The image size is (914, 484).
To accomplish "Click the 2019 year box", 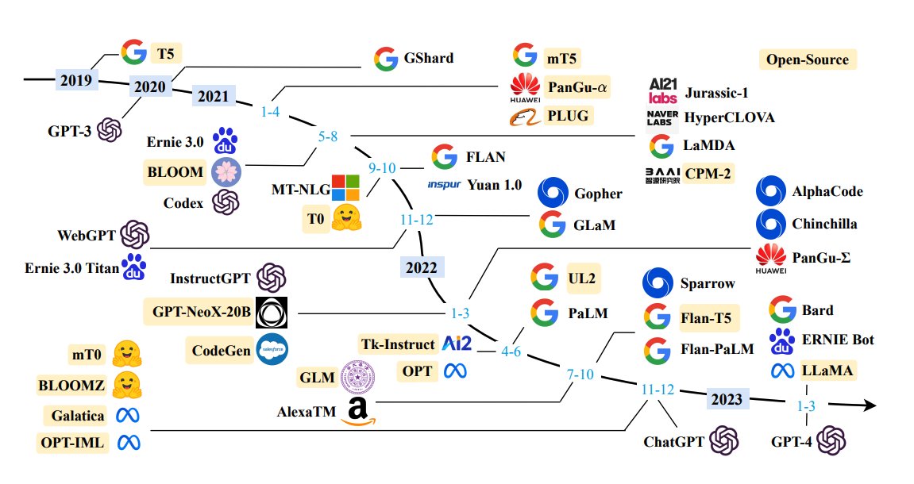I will [x=76, y=80].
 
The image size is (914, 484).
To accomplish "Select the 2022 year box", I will [x=421, y=267].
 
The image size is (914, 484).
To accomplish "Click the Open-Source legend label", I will [x=808, y=60].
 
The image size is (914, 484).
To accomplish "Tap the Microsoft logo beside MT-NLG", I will [x=345, y=188].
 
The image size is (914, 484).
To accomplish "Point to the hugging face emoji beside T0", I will [x=347, y=217].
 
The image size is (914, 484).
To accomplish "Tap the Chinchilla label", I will [x=824, y=224].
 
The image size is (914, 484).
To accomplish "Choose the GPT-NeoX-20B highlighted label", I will [x=199, y=312].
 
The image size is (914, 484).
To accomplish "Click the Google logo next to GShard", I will [x=386, y=58].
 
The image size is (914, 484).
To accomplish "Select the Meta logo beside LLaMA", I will [x=782, y=370].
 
